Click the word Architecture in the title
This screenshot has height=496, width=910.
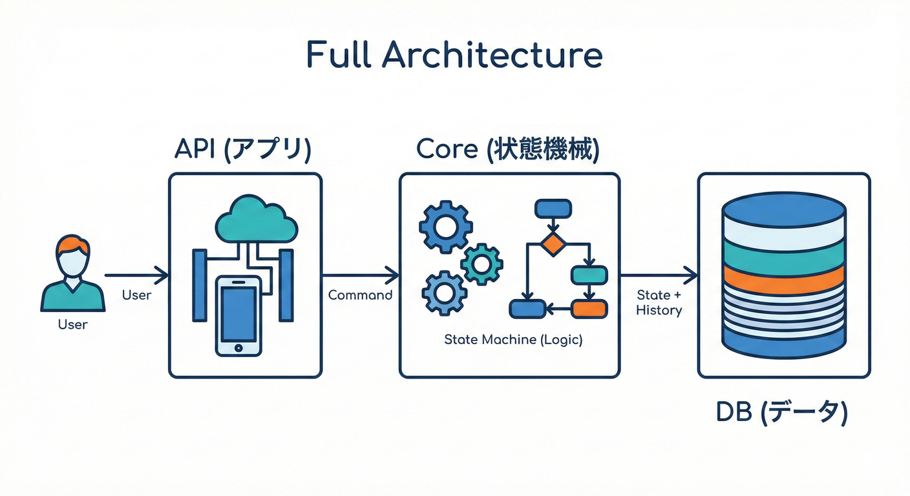click(492, 56)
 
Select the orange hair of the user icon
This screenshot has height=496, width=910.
click(72, 245)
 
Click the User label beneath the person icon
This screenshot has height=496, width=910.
click(72, 324)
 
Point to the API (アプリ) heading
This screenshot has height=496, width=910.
click(243, 149)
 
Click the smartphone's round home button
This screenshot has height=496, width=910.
click(239, 347)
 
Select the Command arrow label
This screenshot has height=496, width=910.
click(360, 295)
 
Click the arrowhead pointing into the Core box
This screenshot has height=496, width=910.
click(393, 276)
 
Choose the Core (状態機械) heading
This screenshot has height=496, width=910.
click(507, 149)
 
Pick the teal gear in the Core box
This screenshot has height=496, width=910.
click(481, 263)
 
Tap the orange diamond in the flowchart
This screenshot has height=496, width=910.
click(553, 245)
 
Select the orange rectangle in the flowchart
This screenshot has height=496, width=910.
click(589, 309)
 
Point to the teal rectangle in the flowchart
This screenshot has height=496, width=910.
click(589, 275)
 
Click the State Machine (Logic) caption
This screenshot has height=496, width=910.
click(513, 340)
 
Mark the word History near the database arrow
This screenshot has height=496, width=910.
click(659, 310)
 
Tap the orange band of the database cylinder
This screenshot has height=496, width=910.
click(783, 280)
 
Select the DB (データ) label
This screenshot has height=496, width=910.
click(781, 412)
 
